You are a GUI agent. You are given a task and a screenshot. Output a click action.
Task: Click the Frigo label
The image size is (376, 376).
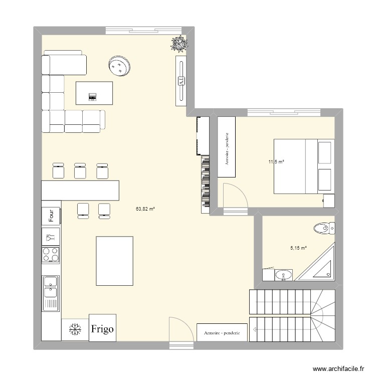[103, 329]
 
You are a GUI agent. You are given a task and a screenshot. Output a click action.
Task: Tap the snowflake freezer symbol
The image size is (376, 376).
[75, 329]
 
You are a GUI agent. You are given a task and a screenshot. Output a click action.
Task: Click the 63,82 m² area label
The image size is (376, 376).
[145, 209]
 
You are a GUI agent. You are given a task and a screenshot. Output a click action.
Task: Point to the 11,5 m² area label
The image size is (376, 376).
[276, 162]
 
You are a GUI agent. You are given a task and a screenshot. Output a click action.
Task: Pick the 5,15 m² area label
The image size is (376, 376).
[298, 247]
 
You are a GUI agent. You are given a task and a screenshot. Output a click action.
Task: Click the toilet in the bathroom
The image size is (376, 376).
[324, 229]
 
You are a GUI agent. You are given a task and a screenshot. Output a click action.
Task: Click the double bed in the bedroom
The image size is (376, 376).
[302, 166]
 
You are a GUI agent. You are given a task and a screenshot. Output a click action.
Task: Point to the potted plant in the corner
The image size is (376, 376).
[179, 45]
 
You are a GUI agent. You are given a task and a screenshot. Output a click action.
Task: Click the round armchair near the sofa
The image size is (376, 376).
[120, 66]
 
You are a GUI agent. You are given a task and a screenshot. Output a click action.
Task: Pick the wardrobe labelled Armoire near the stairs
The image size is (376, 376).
[222, 332]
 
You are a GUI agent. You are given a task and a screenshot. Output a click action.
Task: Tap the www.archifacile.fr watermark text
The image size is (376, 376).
[337, 368]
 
